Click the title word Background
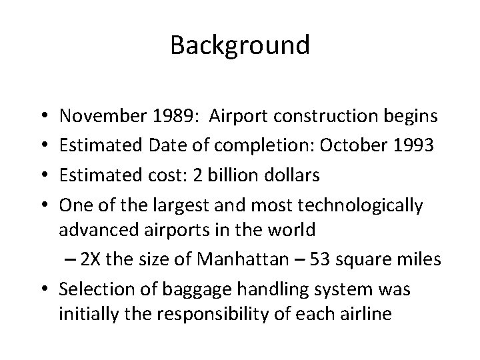[240, 45]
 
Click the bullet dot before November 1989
[43, 117]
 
